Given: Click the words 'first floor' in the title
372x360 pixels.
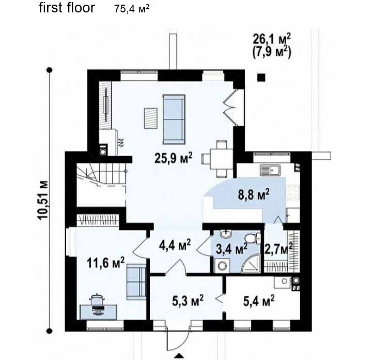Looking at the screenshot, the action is [67, 8].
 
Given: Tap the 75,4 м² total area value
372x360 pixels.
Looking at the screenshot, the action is [132, 9].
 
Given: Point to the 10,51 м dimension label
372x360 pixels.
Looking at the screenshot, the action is [43, 200].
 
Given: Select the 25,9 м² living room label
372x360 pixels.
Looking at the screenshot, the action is [173, 158].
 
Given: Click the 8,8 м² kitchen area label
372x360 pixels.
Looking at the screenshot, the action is [254, 194].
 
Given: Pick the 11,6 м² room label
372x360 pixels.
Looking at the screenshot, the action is [105, 262].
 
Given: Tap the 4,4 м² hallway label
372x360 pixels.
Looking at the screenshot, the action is [175, 245].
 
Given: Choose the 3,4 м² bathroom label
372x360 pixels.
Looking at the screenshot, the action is [232, 249].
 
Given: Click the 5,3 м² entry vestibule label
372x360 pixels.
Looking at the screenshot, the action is [188, 301].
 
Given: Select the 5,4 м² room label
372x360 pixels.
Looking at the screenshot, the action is [259, 301].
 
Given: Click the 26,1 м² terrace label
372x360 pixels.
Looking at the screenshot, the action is [272, 39].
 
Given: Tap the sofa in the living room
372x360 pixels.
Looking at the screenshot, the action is [174, 119].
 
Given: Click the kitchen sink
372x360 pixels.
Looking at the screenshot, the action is [270, 170].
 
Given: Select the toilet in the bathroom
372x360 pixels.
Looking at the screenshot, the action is [253, 238].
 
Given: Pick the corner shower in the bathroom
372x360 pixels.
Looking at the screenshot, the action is [251, 264].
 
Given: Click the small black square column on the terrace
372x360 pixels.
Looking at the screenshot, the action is [261, 78].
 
